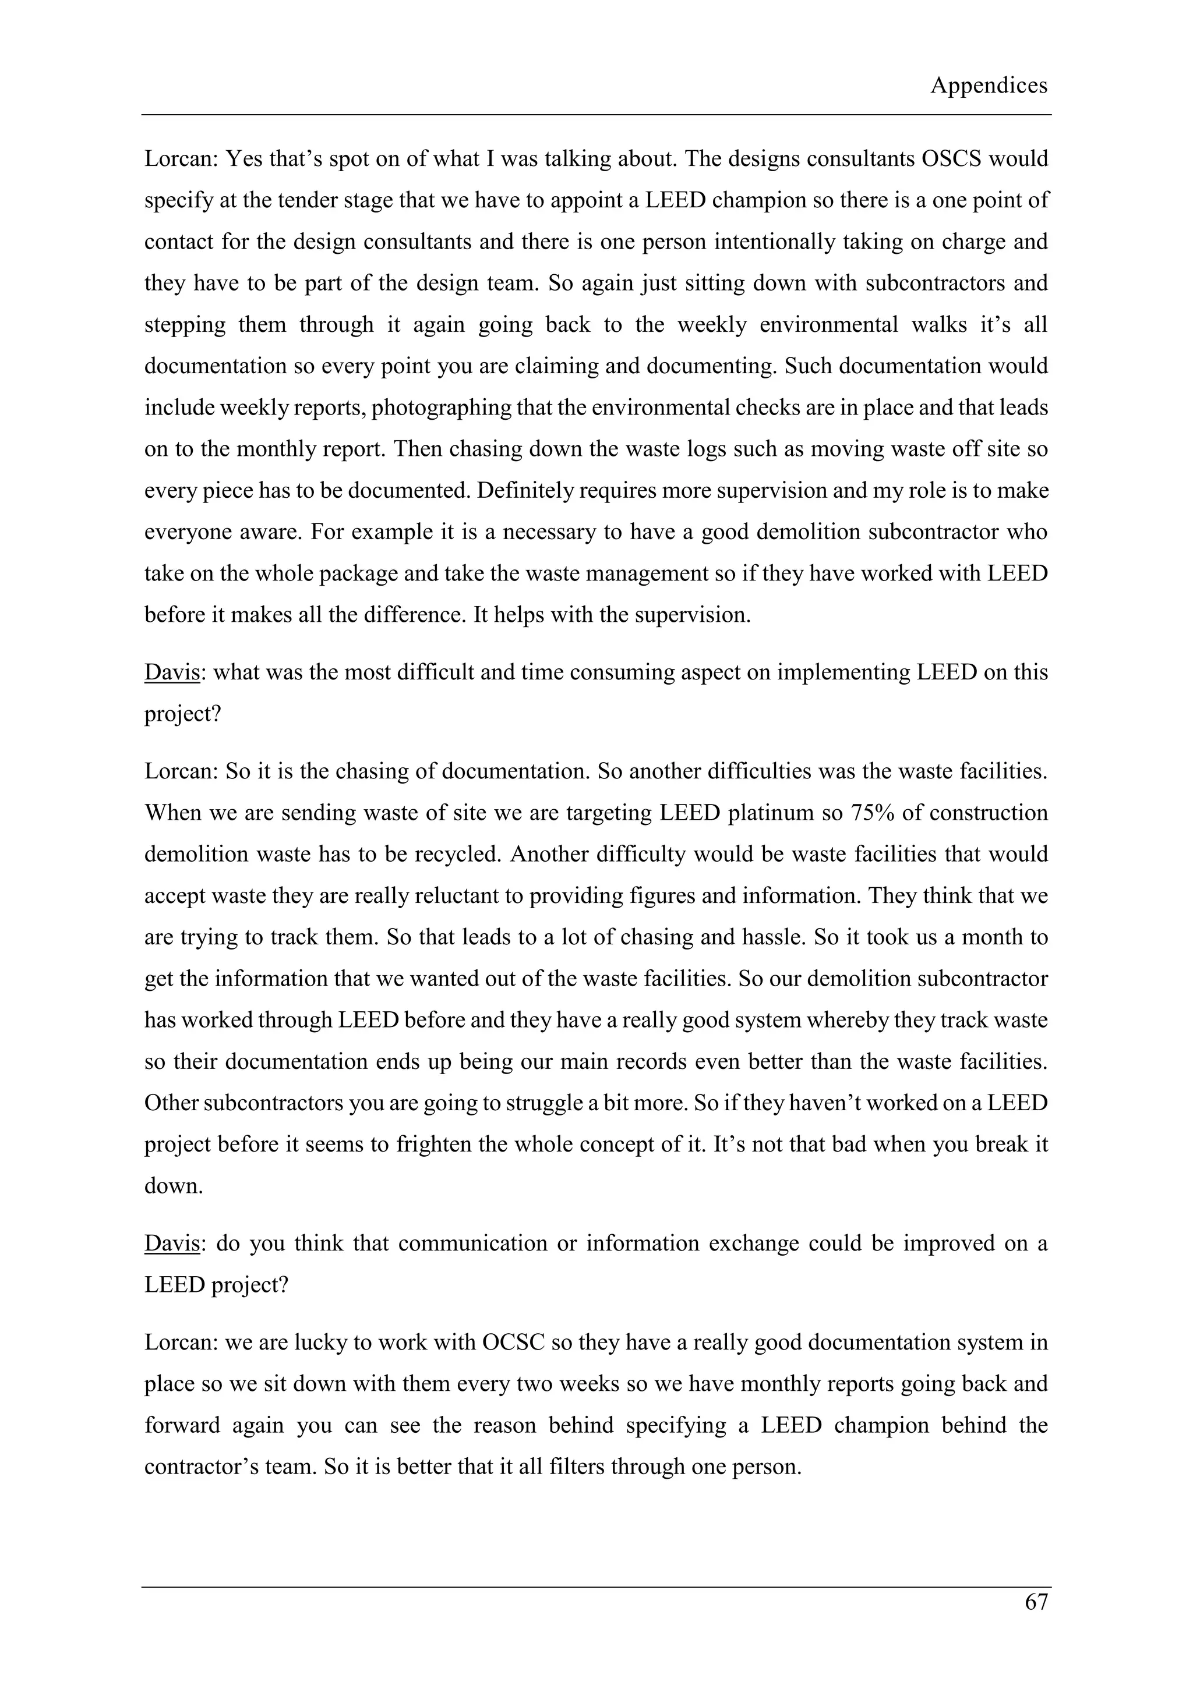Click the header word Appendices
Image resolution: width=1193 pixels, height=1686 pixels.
(x=988, y=86)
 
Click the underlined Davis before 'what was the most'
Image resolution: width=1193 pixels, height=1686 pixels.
(x=172, y=672)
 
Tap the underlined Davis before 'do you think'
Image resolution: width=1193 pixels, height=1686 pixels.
(x=172, y=1243)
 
